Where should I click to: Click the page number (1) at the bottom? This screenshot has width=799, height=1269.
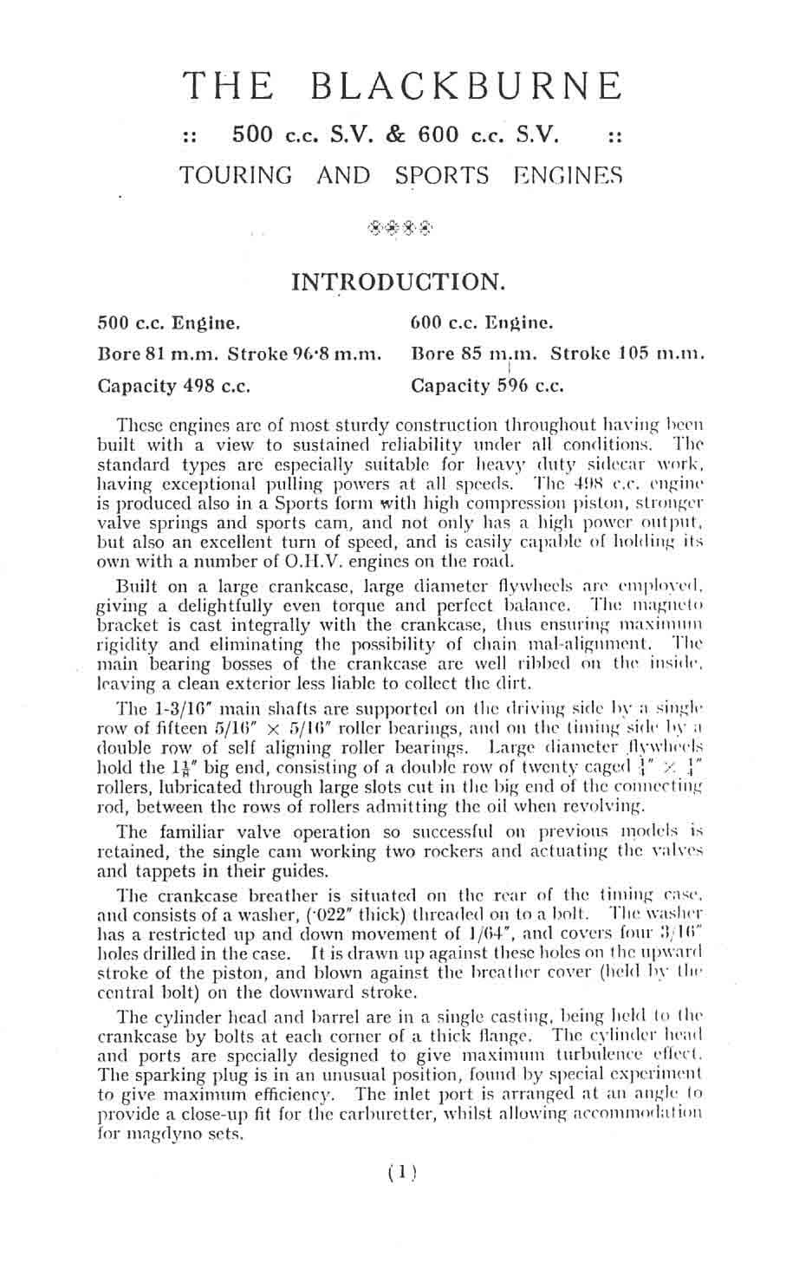[399, 1173]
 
